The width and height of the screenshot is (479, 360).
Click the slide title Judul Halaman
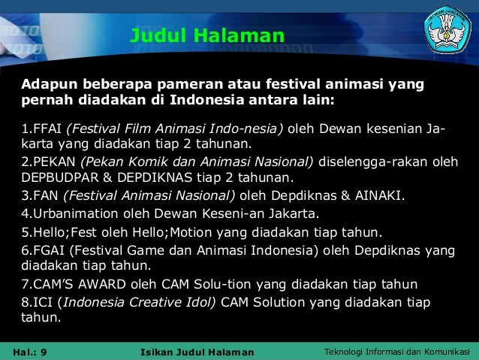(207, 35)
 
